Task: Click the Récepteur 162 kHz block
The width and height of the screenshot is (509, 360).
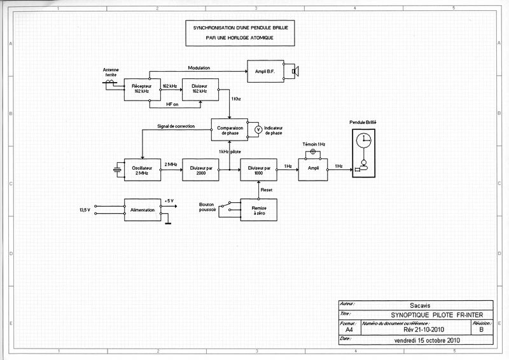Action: point(141,89)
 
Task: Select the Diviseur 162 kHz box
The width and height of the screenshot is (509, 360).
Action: point(200,89)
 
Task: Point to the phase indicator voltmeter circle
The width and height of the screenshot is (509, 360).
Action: point(257,129)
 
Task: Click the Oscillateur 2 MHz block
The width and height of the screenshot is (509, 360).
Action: point(141,169)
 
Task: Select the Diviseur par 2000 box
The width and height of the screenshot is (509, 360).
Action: point(200,169)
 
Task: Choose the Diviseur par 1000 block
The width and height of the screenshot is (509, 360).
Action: point(258,169)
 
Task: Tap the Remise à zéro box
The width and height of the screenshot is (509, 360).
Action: point(258,209)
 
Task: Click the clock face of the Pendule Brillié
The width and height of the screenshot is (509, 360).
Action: point(363,141)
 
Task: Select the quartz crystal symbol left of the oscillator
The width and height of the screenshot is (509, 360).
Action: point(116,169)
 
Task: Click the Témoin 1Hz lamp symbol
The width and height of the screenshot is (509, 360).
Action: point(312,151)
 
